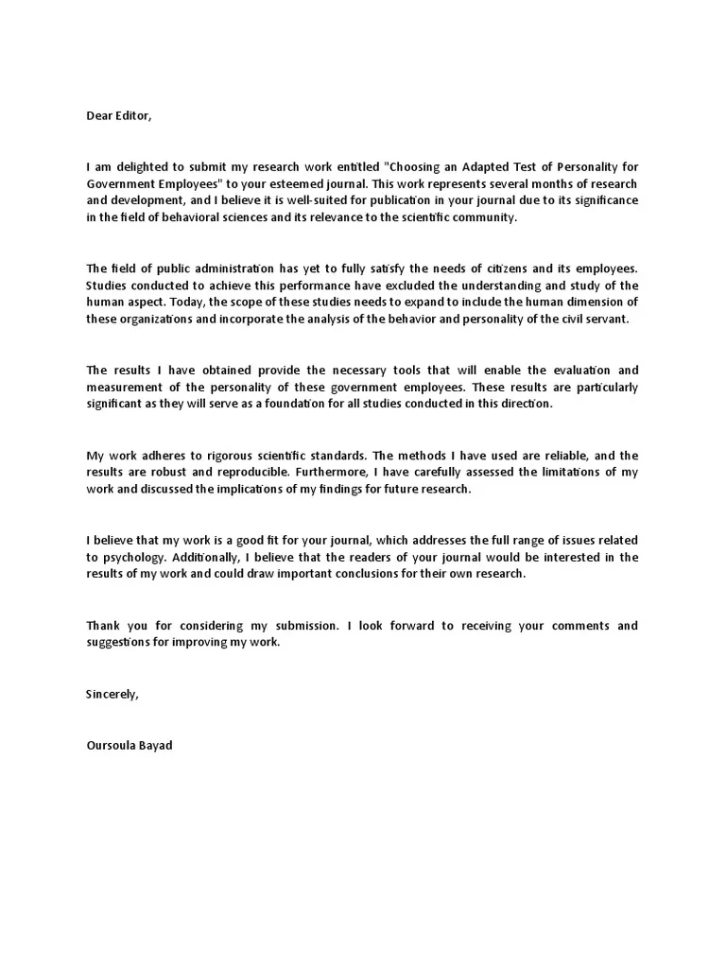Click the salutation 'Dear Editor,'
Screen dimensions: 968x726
point(118,116)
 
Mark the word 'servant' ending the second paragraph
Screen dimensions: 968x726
point(606,320)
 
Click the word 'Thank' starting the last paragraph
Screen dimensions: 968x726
point(103,626)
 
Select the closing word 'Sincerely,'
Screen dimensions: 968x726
point(112,694)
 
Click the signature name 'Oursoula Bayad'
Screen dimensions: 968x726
point(130,745)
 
